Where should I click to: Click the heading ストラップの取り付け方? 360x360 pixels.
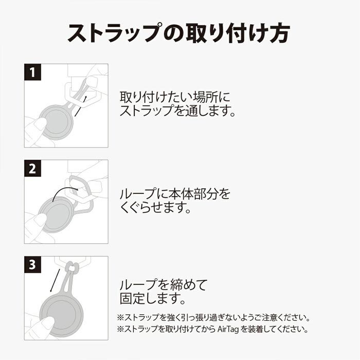point(179,32)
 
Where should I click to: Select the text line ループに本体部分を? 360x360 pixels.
point(175,194)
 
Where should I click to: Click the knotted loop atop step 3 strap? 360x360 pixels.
point(73,268)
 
